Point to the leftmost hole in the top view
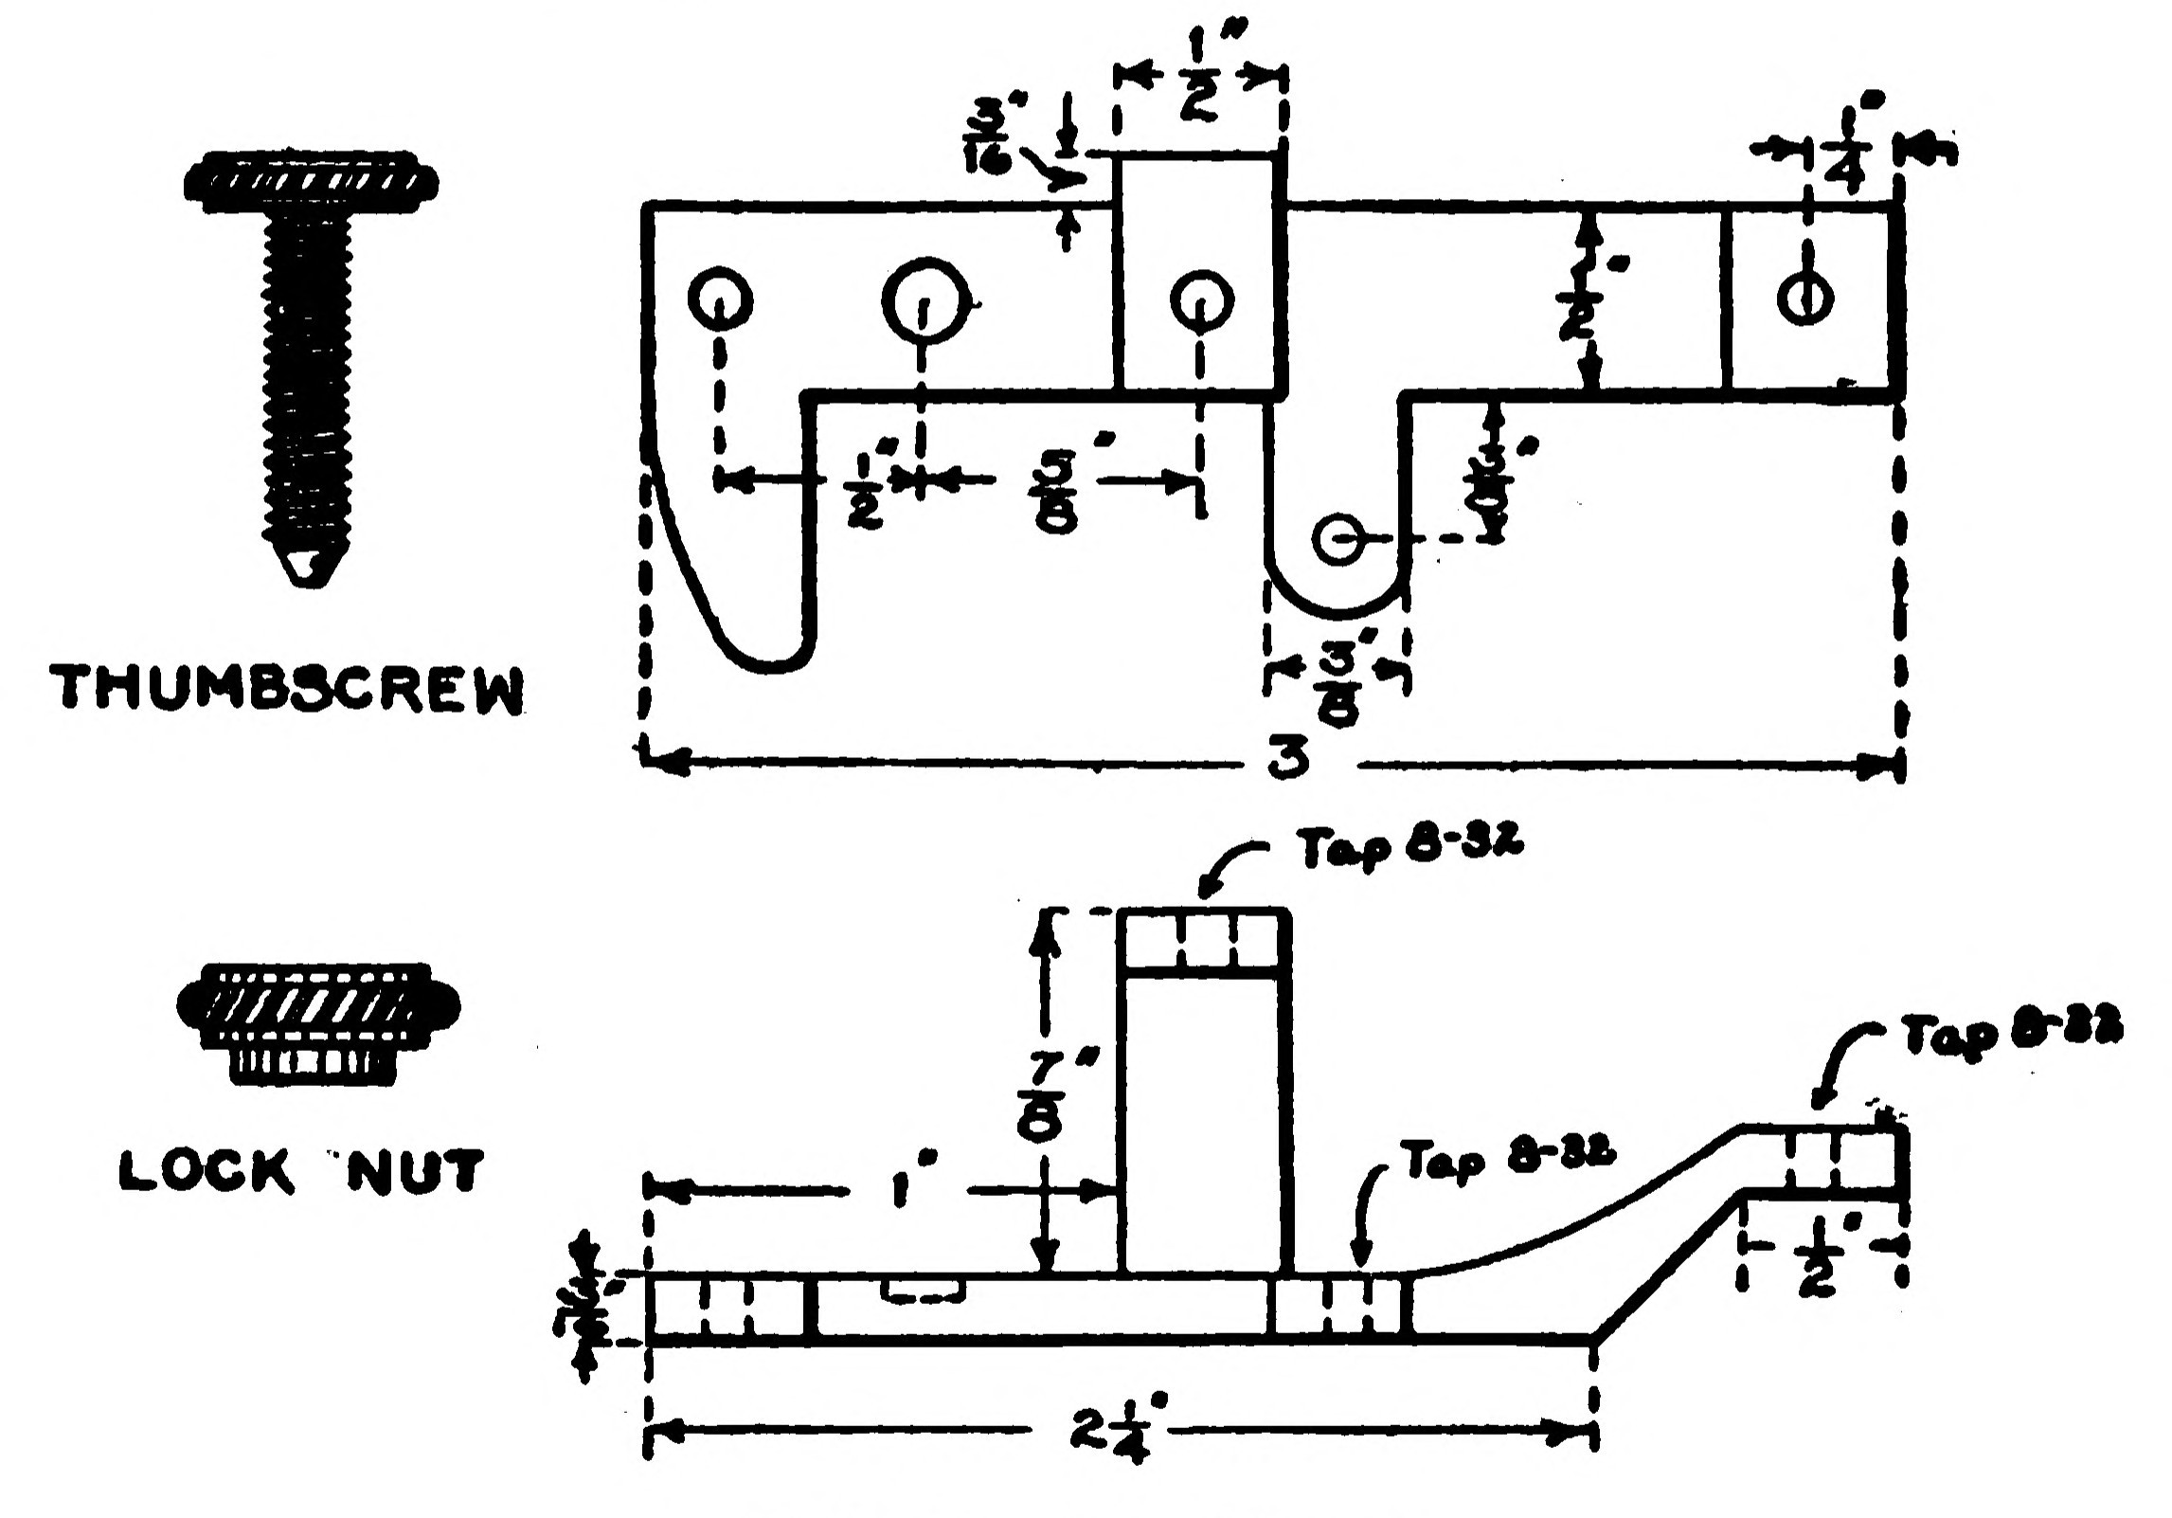click(721, 300)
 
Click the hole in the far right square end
click(1804, 299)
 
